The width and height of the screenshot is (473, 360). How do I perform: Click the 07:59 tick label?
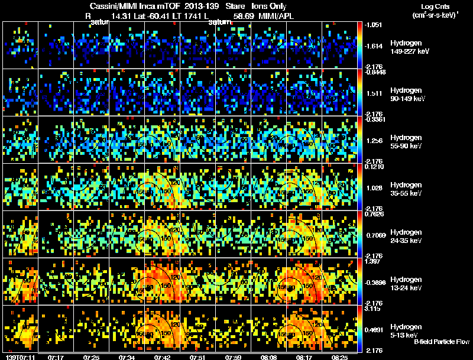click(234, 357)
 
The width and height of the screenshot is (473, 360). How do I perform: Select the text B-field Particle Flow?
click(441, 342)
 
